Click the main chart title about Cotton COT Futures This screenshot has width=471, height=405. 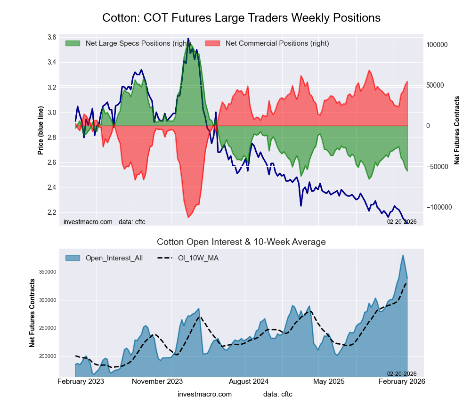(x=241, y=18)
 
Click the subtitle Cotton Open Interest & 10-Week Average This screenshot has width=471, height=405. (x=241, y=242)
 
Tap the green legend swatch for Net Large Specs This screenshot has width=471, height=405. (x=73, y=43)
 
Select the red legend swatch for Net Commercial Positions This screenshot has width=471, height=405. (x=212, y=43)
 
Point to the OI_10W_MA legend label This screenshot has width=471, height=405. (x=198, y=258)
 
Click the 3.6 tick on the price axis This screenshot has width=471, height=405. (x=52, y=37)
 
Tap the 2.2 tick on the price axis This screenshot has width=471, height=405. (x=52, y=212)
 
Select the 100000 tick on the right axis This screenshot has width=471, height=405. (x=437, y=45)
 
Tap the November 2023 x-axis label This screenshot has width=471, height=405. (x=157, y=381)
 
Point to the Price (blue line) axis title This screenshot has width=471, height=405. (x=41, y=131)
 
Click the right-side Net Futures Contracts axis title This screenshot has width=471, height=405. (x=457, y=130)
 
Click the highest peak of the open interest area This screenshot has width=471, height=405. (x=403, y=255)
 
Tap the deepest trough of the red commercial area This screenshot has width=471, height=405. (x=188, y=217)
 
